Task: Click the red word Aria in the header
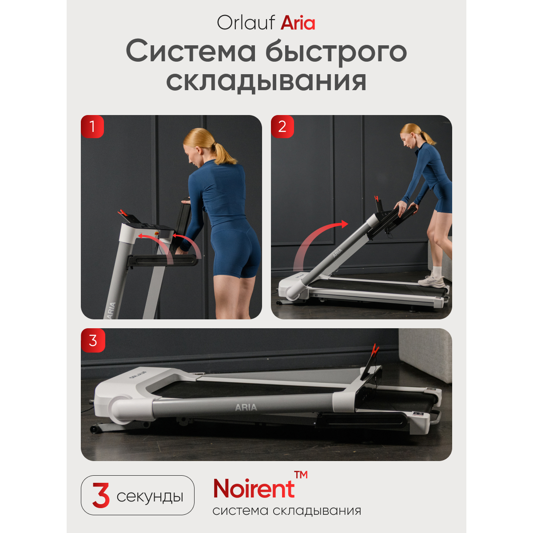pos(298,23)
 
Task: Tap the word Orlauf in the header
pos(246,22)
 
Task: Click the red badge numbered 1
pos(92,127)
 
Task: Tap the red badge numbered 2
pos(282,127)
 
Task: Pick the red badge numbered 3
pos(93,340)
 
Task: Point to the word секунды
pos(150,497)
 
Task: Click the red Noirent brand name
pos(254,489)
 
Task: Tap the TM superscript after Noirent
pos(301,475)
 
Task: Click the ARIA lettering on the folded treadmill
pos(246,407)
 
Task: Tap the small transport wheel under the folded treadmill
pos(94,429)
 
